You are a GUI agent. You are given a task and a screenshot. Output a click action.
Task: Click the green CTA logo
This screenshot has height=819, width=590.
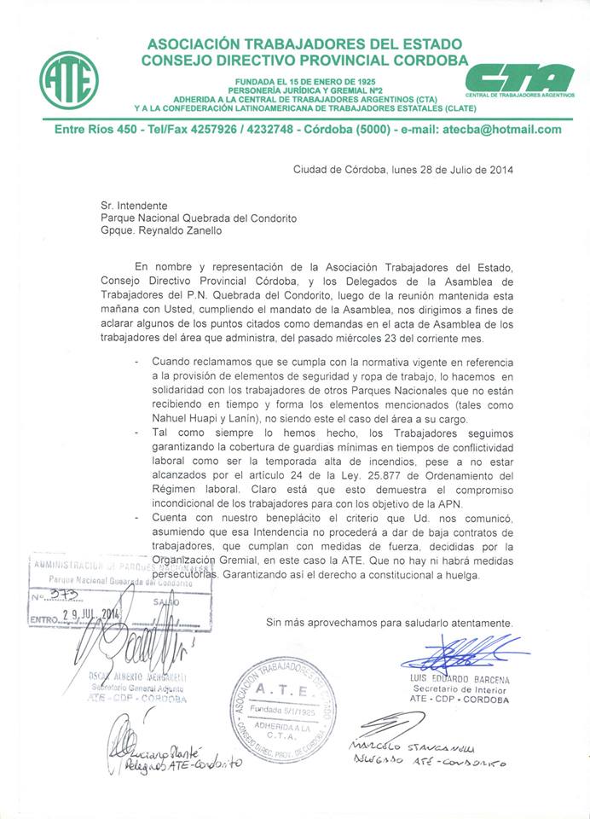tap(520, 78)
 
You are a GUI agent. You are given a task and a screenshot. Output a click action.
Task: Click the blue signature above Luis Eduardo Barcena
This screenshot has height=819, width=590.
tap(460, 655)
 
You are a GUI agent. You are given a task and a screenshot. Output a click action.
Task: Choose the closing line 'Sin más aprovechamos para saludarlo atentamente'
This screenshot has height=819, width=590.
tap(390, 623)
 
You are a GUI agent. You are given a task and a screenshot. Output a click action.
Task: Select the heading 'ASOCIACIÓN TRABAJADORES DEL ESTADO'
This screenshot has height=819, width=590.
tap(304, 44)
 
